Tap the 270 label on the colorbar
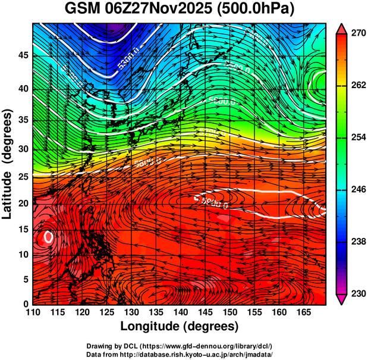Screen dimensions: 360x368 tap(357, 34)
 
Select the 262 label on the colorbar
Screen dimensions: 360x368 tap(357, 86)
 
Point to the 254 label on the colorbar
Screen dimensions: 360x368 tap(357, 137)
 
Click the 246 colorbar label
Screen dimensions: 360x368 tap(357, 190)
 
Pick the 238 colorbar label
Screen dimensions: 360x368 tap(357, 242)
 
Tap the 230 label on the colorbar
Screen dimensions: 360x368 tap(357, 293)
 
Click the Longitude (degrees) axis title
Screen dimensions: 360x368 tap(179, 327)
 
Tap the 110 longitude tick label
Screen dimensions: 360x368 tap(33, 312)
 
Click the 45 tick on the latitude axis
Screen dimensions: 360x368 tap(23, 55)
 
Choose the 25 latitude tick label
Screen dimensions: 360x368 tap(23, 177)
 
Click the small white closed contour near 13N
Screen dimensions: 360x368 tap(49, 237)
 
